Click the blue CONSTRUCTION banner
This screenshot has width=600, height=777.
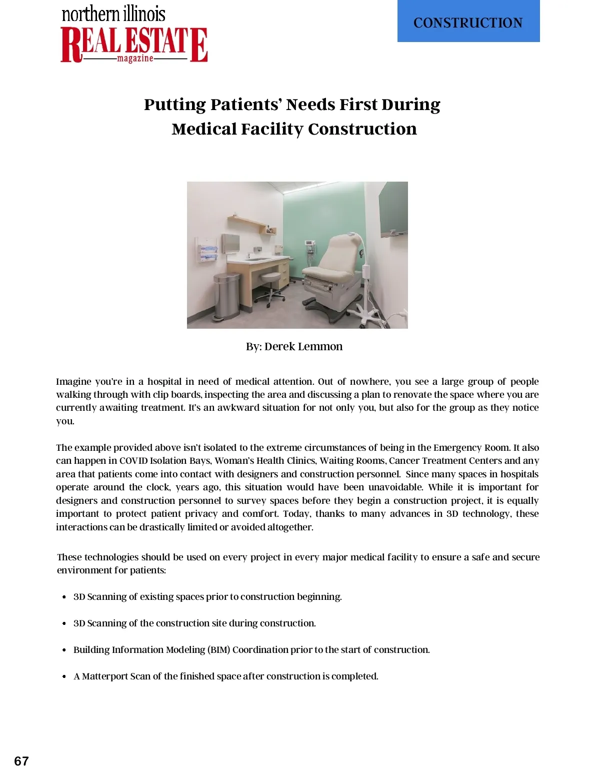click(x=468, y=21)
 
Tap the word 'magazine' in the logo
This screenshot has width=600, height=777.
click(x=135, y=59)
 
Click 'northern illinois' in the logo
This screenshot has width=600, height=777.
click(x=113, y=14)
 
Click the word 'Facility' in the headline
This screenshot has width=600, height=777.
click(x=272, y=129)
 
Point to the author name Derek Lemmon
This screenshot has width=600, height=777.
click(x=303, y=346)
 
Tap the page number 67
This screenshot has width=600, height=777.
click(x=21, y=761)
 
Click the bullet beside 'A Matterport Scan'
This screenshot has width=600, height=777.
click(x=64, y=676)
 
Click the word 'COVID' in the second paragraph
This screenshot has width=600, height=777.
click(x=133, y=460)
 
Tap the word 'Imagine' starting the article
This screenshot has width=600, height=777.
click(x=73, y=381)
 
